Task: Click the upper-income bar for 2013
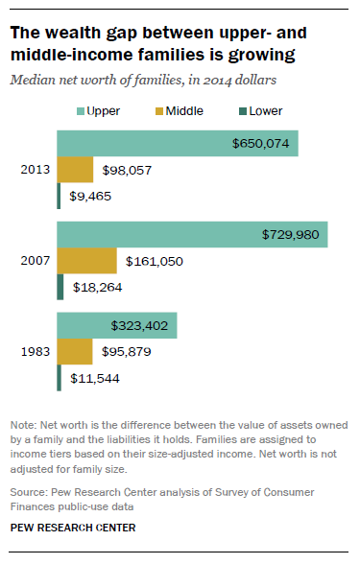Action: [178, 143]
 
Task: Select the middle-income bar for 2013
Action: [75, 170]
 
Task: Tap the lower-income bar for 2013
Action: [59, 196]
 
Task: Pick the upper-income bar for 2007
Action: [192, 235]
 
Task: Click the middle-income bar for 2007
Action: [86, 261]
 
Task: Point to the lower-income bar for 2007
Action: [60, 287]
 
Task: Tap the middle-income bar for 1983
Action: [74, 352]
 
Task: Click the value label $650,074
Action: [261, 144]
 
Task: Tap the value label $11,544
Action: [97, 378]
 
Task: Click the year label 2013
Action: [35, 170]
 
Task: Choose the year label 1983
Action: [35, 352]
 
